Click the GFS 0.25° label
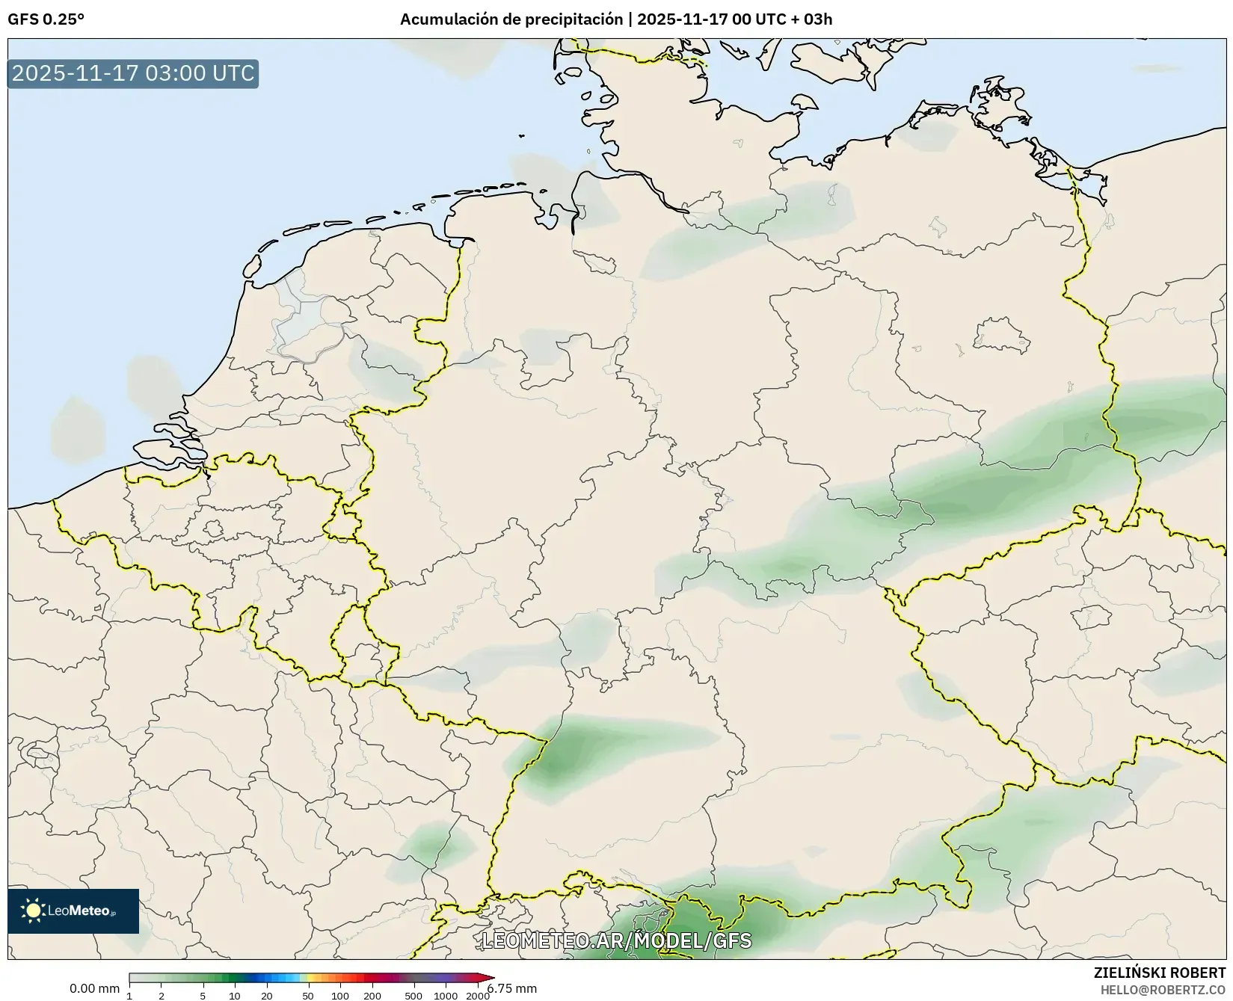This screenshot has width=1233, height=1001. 46,19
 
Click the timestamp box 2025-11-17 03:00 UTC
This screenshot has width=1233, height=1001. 133,73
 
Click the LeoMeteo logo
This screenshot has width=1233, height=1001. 73,911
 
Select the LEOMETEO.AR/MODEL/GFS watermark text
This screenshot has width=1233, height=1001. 616,940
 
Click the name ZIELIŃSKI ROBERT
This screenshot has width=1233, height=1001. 1159,973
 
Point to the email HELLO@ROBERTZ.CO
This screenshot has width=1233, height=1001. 1163,989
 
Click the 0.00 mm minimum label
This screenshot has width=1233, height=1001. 94,988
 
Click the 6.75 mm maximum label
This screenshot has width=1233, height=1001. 513,988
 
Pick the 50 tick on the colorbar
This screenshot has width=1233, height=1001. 308,995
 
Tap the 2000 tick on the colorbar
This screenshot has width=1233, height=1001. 478,995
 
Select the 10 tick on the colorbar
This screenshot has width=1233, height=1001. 235,995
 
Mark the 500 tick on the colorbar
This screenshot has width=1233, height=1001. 413,995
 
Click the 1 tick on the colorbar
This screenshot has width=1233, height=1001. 129,995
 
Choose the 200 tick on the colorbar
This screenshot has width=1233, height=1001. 372,995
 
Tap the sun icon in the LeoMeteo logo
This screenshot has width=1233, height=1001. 33,911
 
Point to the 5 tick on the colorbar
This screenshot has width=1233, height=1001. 203,995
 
